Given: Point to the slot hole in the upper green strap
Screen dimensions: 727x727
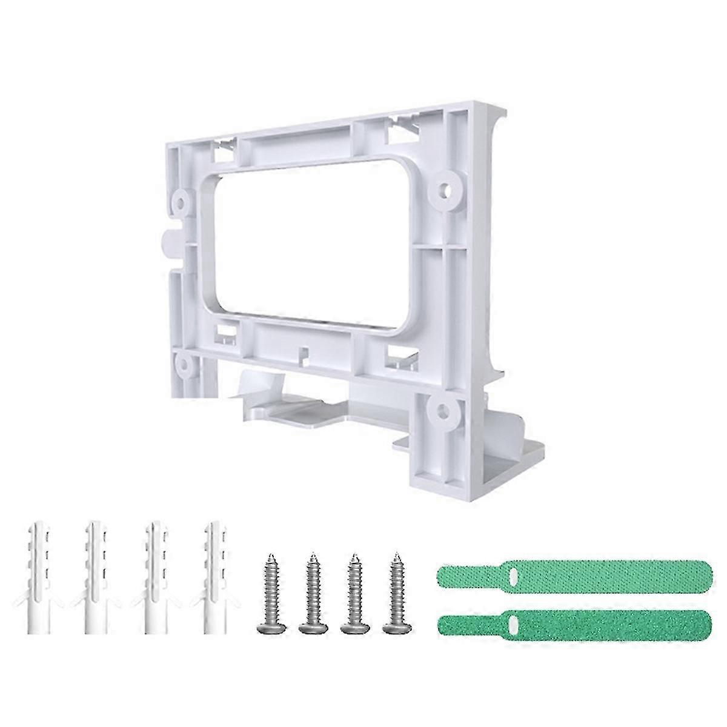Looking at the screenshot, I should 513,574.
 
